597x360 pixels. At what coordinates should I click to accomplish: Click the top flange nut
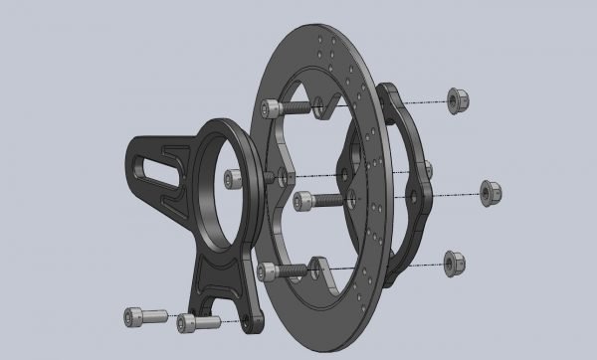[459, 100]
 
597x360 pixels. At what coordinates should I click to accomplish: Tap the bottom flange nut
[454, 262]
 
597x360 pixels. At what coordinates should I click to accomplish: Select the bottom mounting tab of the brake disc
[320, 267]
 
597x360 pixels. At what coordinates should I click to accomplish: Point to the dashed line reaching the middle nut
[438, 193]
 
